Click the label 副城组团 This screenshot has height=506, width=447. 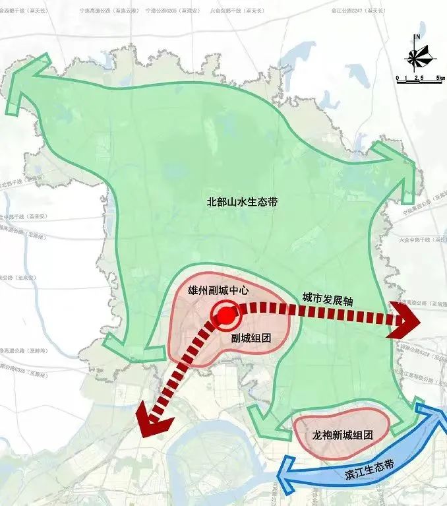(x=251, y=338)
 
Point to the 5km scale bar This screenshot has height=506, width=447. (x=419, y=78)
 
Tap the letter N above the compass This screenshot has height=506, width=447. (x=417, y=36)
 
